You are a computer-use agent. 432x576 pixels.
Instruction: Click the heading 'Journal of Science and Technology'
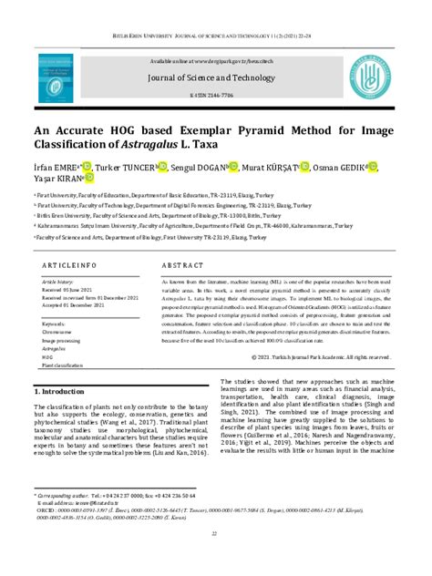(215, 80)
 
